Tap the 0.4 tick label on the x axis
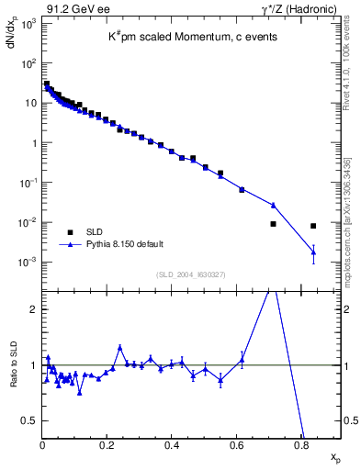[172, 444]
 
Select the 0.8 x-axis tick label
[301, 444]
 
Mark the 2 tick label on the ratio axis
[35, 309]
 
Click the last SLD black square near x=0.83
[313, 226]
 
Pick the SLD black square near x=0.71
[273, 224]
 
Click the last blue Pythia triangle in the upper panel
[313, 252]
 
